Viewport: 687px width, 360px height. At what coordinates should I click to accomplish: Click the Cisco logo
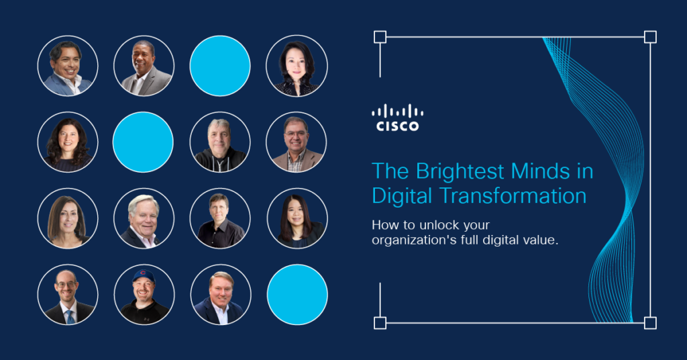point(397,118)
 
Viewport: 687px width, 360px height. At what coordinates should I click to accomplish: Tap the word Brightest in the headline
point(460,171)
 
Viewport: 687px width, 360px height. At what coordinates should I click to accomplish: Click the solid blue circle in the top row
point(220,66)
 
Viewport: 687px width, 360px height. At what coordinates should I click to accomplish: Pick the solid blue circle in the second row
point(143,142)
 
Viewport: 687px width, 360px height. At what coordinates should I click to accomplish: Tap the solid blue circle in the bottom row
point(297,295)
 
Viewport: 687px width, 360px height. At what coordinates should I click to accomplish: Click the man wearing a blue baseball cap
point(144,295)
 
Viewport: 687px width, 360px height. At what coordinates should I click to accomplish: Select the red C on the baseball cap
point(144,273)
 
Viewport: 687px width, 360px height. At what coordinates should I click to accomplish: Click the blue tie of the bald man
point(70,317)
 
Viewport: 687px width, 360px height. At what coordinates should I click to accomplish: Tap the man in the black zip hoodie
point(220,142)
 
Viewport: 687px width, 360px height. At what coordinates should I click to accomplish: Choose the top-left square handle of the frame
point(380,37)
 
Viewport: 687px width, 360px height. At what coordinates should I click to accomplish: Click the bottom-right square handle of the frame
point(650,323)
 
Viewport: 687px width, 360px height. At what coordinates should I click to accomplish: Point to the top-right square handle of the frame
point(650,37)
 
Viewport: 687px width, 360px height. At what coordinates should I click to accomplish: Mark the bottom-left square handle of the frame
point(380,323)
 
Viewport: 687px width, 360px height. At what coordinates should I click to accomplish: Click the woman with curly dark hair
point(68,142)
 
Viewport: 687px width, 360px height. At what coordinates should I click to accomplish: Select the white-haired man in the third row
point(144,218)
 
